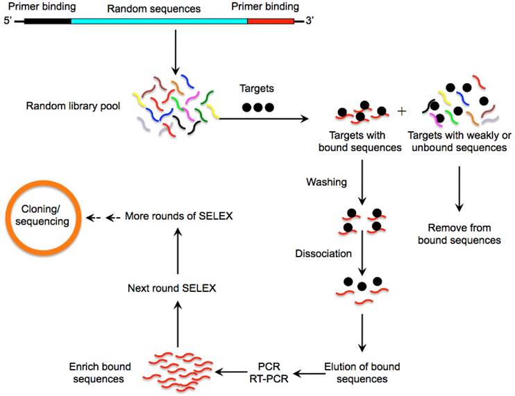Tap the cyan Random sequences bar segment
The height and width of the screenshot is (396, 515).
[159, 21]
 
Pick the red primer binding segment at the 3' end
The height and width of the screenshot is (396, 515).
[271, 21]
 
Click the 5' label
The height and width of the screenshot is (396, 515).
[8, 21]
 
